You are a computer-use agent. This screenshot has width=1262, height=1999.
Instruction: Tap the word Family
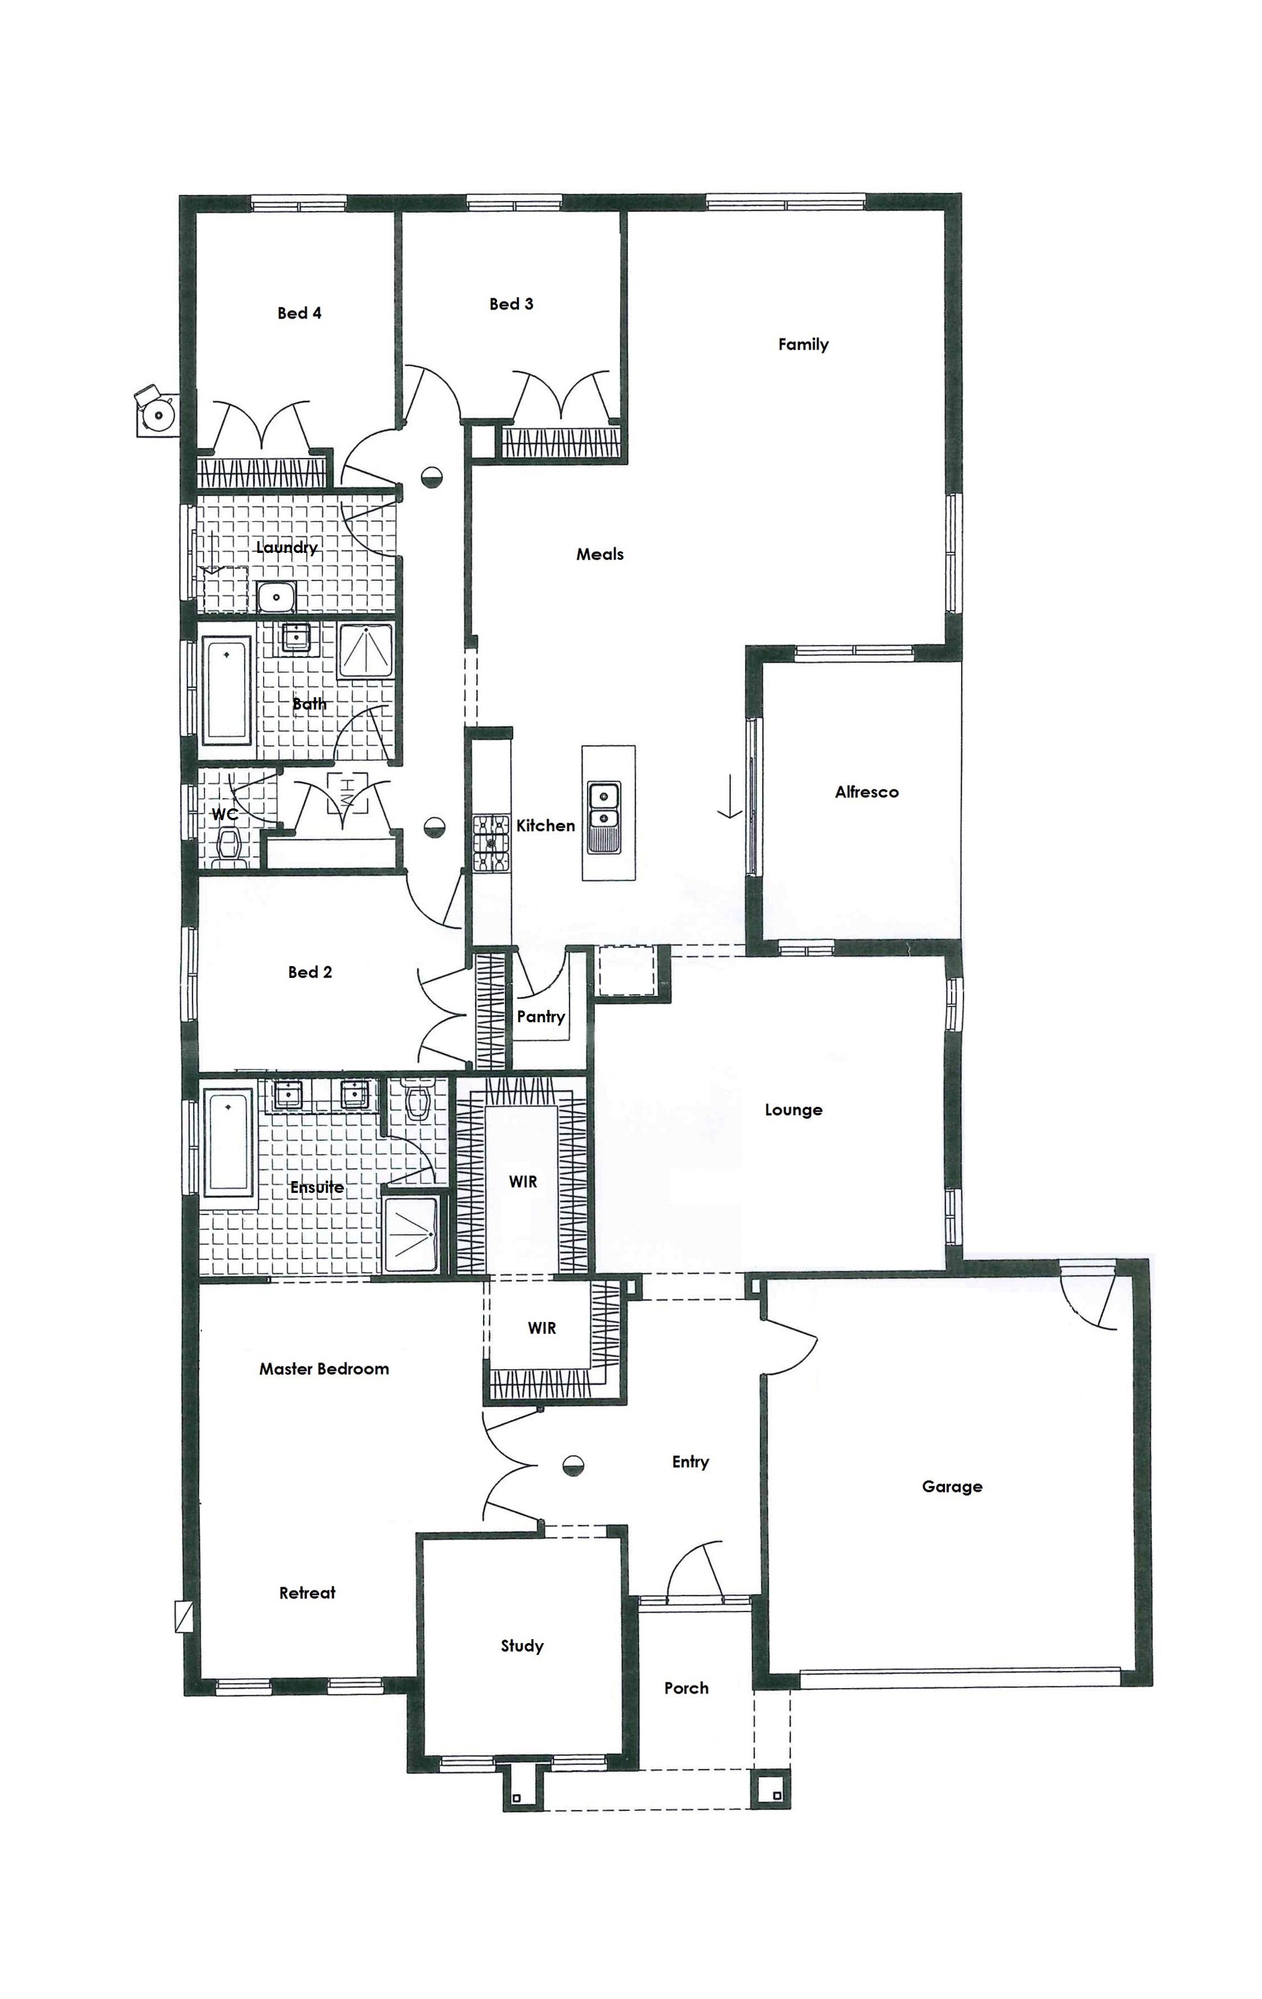(x=803, y=345)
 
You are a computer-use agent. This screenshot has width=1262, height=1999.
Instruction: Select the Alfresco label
(x=866, y=792)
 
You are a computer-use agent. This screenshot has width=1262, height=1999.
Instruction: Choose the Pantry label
(x=541, y=1017)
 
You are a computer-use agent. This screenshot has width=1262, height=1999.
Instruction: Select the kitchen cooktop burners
(x=490, y=843)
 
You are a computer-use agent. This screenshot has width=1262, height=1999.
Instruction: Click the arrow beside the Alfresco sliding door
(x=729, y=797)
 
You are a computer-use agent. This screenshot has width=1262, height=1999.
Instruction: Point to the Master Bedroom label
(x=324, y=1369)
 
